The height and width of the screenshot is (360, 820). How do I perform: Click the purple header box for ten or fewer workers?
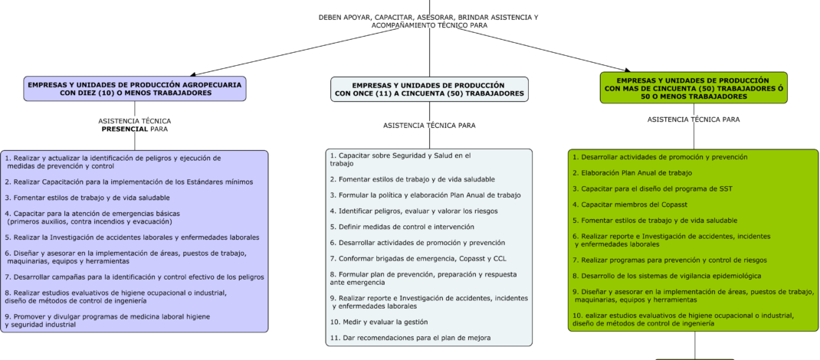(x=135, y=88)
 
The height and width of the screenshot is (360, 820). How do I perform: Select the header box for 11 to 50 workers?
(x=429, y=89)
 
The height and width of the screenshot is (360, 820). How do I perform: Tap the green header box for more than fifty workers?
(x=694, y=88)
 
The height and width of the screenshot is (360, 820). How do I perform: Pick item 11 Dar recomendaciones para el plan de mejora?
(x=410, y=338)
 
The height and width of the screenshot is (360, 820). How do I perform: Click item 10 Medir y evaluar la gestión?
(x=379, y=322)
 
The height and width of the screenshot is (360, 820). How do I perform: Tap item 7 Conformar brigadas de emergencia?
(x=407, y=258)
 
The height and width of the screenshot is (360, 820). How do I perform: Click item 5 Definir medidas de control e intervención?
(x=402, y=227)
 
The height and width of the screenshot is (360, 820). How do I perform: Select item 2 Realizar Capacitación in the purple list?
(x=129, y=182)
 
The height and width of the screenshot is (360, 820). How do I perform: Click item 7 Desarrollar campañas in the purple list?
(x=134, y=277)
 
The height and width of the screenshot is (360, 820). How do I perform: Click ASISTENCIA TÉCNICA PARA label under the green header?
(x=694, y=119)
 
